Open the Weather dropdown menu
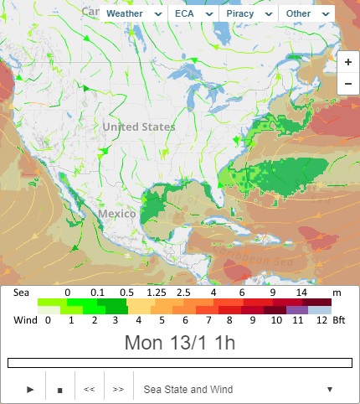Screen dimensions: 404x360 point(135,13)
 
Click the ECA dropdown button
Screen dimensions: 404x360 point(193,13)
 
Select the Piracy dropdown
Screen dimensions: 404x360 point(248,13)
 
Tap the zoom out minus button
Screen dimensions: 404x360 point(347,84)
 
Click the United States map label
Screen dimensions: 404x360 point(139,127)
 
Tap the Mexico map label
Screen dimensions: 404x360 point(116,214)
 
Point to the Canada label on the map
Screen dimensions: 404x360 point(94,10)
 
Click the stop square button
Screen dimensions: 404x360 point(59,389)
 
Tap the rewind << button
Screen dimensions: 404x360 point(89,389)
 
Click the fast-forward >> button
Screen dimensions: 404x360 point(118,389)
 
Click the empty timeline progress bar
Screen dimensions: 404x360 point(179,363)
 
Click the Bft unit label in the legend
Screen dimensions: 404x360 point(339,319)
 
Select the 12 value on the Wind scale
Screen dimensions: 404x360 point(319,319)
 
